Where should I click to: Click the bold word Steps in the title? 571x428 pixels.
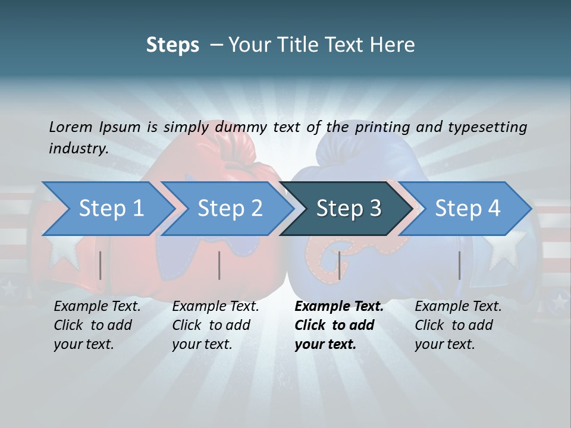[172, 45]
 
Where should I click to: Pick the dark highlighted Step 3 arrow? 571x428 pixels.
[348, 209]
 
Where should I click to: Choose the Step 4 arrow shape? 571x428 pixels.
[467, 209]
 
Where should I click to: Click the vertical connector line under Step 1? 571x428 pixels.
[101, 265]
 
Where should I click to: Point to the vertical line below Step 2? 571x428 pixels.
[219, 265]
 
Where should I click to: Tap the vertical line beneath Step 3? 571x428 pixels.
[339, 265]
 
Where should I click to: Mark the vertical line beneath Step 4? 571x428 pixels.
[459, 265]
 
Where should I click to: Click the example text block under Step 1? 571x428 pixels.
[97, 325]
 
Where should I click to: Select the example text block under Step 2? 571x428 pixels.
[215, 325]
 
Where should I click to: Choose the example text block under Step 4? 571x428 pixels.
[458, 325]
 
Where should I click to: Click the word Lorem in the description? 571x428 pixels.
[71, 127]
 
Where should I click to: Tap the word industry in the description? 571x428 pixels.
[78, 149]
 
